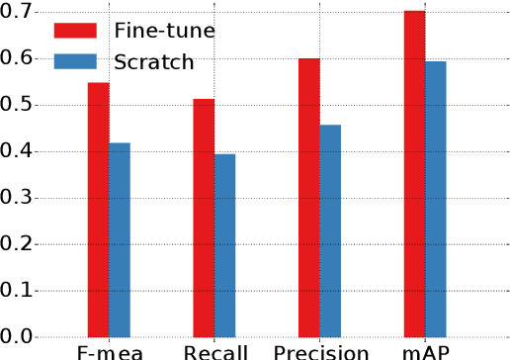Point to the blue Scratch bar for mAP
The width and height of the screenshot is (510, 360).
coord(436,199)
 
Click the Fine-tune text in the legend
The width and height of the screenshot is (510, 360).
coord(163,30)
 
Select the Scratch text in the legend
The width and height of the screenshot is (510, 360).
coord(152,62)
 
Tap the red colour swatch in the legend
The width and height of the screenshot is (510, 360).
coord(76,30)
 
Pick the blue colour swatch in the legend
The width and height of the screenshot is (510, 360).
coord(76,62)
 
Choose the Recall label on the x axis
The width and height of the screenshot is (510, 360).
coord(213,352)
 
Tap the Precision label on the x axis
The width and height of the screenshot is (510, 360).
coord(320,352)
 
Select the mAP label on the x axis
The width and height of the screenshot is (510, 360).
coord(425,352)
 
